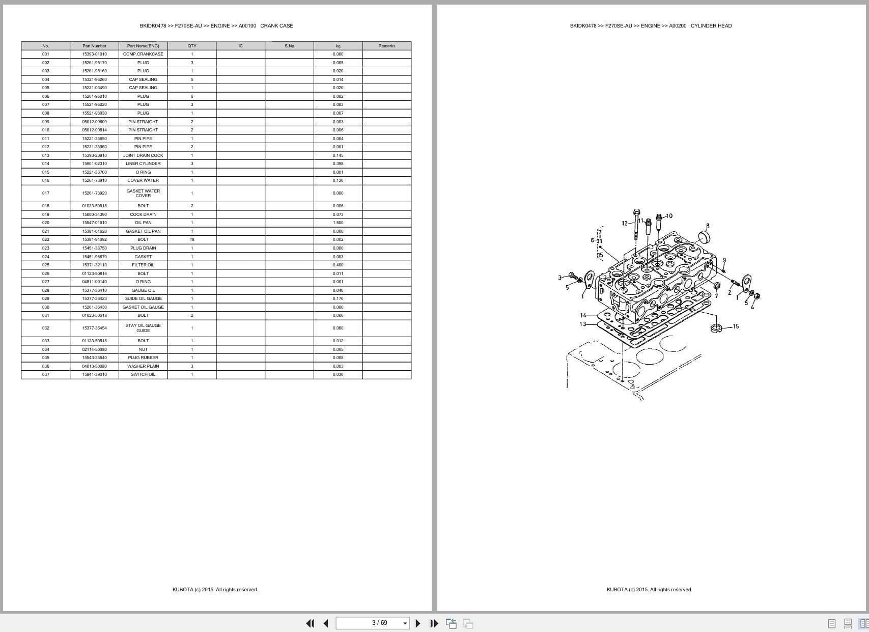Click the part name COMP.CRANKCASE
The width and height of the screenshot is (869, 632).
point(143,54)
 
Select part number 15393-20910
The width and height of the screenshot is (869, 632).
point(94,155)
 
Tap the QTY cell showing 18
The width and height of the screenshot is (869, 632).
point(192,239)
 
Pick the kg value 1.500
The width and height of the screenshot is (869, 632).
point(338,223)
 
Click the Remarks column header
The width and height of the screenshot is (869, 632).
point(386,46)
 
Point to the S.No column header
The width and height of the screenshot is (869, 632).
point(289,46)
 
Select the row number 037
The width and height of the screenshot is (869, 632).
point(46,374)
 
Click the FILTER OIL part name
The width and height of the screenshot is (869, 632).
point(143,265)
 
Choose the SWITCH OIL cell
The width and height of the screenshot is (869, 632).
point(143,374)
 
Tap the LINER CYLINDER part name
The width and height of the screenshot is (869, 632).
point(143,163)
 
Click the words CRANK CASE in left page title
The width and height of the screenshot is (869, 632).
point(276,25)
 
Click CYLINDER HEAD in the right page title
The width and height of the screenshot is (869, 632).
point(711,25)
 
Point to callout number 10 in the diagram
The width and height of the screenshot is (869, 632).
point(669,216)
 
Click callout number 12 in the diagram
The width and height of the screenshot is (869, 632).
point(625,223)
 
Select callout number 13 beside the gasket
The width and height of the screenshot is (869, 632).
point(582,324)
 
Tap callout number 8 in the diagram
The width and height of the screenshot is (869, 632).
point(707,226)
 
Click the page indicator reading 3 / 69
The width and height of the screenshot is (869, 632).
point(379,623)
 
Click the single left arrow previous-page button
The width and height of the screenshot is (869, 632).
point(326,623)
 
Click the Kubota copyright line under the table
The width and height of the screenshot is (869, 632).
point(215,590)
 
